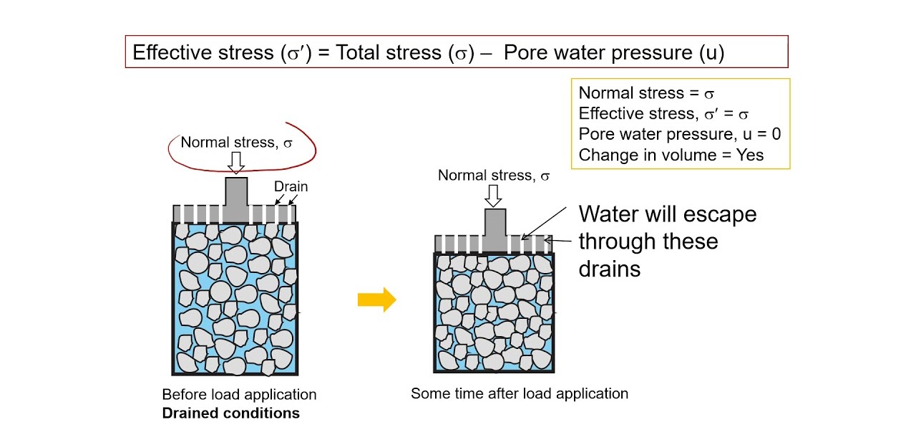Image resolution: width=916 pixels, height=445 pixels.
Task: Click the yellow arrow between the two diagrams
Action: pos(376,300)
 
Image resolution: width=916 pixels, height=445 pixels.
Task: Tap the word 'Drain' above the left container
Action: pos(291,186)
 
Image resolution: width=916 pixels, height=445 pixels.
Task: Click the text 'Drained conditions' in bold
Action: pos(230,413)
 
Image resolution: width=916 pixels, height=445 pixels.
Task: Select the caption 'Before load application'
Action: pos(239,395)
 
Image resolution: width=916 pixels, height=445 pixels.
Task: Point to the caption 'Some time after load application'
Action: pos(520,393)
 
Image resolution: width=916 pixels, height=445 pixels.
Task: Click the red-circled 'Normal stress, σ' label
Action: pos(237,142)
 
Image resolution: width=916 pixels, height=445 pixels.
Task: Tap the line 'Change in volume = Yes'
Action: pos(671,155)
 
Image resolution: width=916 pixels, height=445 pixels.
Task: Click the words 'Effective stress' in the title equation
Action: pos(203,52)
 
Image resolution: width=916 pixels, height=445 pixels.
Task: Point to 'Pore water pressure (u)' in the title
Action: pos(614,52)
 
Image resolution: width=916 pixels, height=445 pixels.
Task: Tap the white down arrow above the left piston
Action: pos(236,163)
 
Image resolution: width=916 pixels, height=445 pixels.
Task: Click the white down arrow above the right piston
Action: pos(494,195)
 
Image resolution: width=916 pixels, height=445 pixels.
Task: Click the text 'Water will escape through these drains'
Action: pos(667,241)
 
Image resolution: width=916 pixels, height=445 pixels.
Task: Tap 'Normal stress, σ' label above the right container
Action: pos(494,175)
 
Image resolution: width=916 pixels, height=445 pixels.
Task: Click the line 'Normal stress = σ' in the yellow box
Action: pos(646,93)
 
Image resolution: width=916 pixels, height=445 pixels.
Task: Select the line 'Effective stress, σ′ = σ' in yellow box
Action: pos(663,113)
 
